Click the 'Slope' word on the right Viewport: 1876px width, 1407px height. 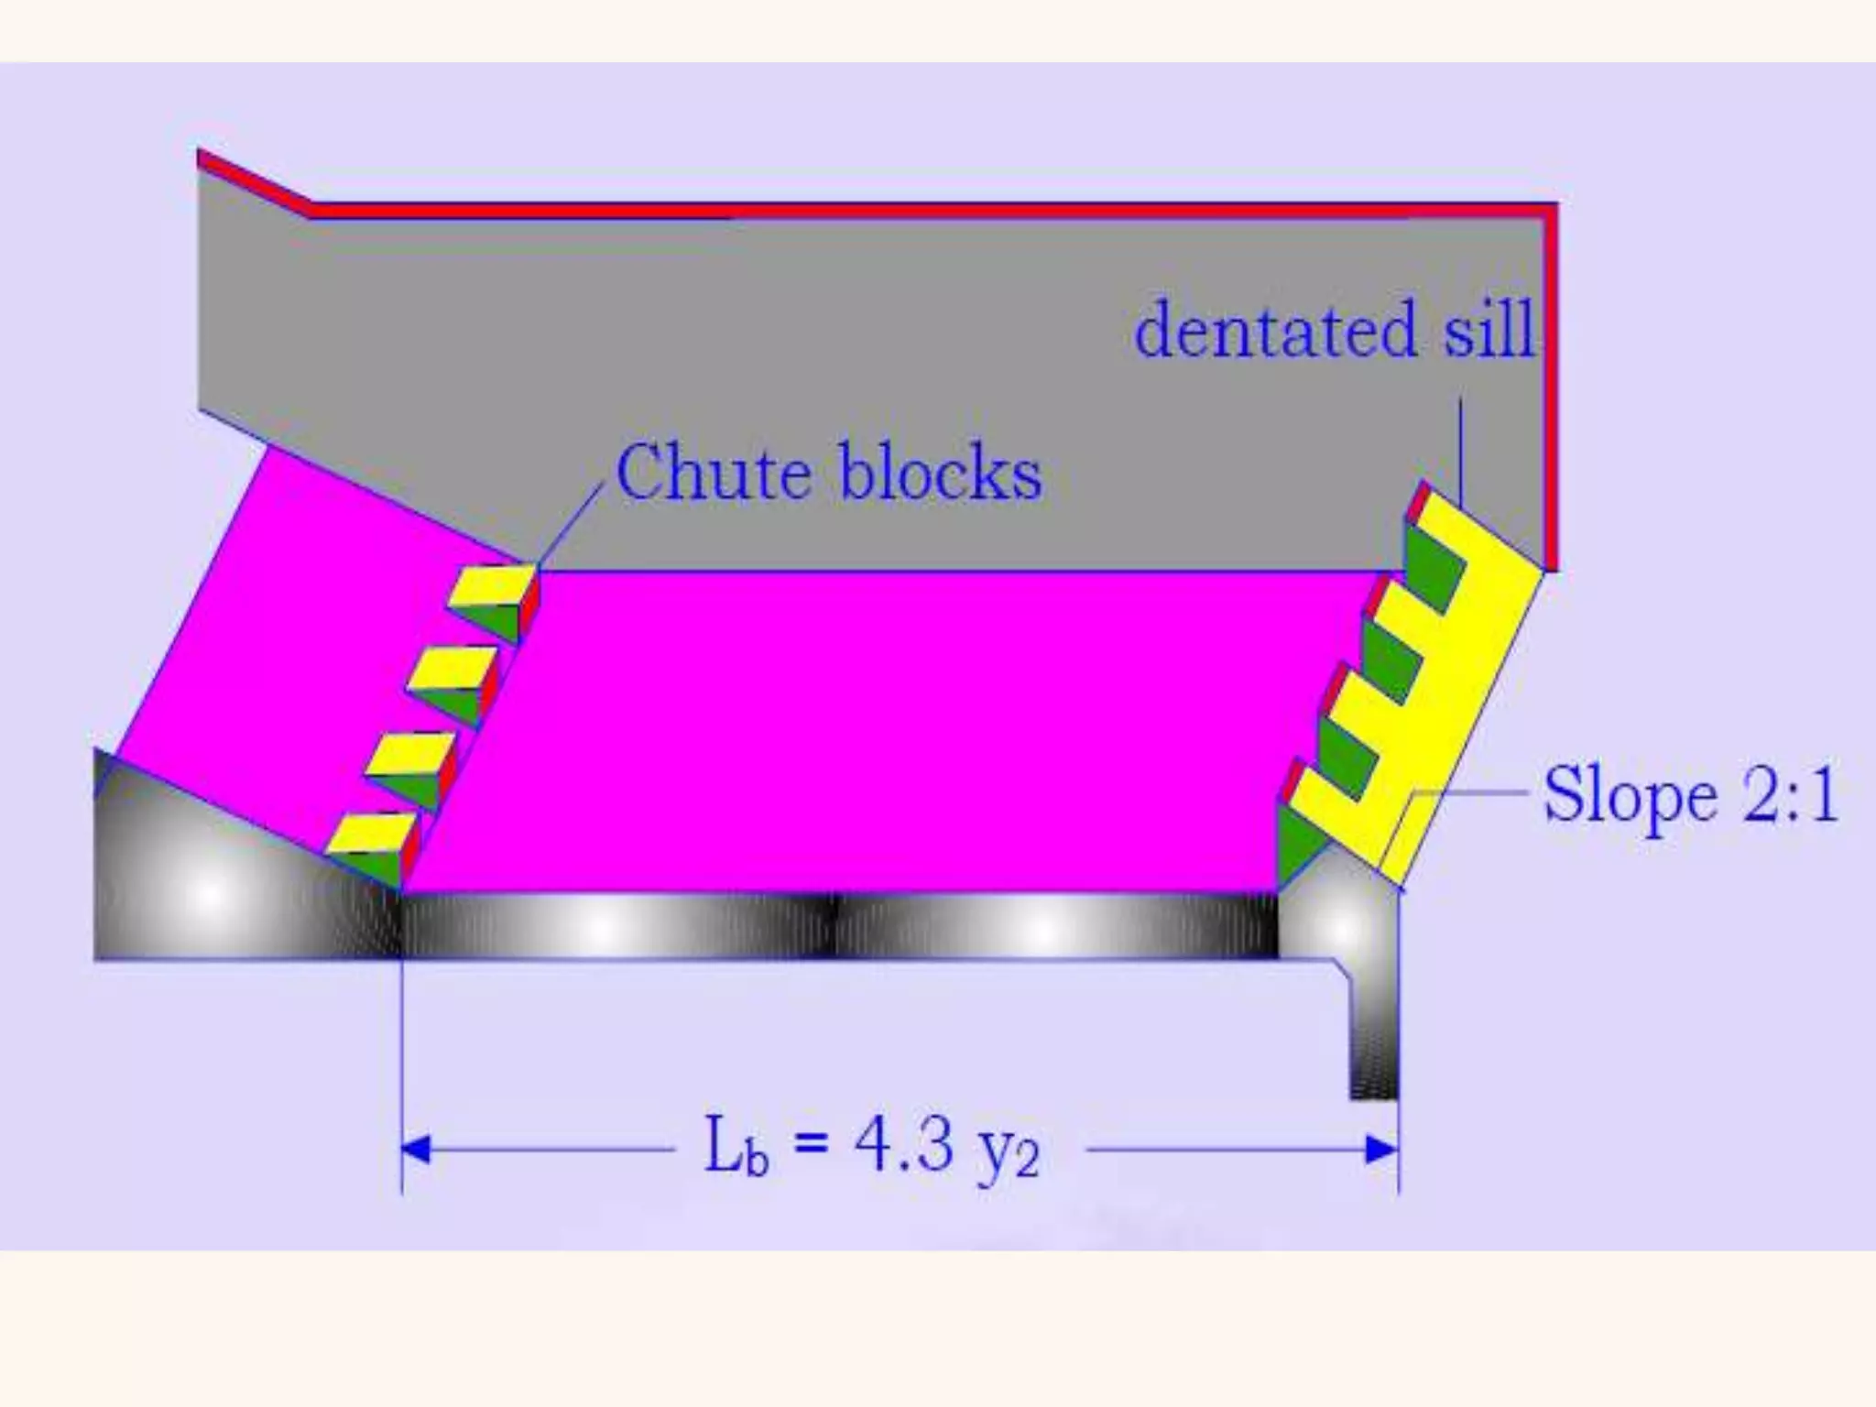coord(1630,796)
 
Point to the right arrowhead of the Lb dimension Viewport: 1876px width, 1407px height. coord(1383,1149)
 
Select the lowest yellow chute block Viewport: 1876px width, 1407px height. coord(370,832)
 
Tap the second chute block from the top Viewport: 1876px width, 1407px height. coord(451,668)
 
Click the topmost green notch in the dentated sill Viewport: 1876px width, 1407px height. coord(1434,563)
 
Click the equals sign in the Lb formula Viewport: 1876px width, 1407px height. coord(811,1145)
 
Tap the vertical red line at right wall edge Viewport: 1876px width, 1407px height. coord(1550,385)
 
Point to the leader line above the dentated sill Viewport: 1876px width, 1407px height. coord(1460,449)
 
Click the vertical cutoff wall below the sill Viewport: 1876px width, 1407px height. coord(1373,1044)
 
